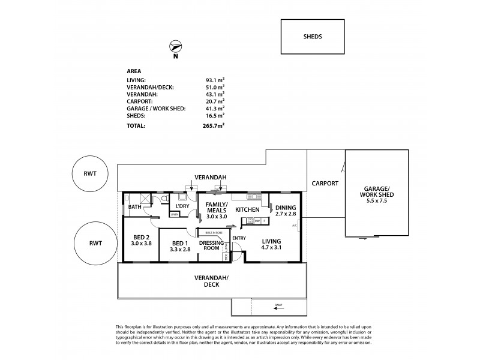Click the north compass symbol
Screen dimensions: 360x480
point(175,47)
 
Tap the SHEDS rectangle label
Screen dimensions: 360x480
point(313,37)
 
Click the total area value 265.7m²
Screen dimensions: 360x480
point(214,126)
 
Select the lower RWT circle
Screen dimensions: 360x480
point(94,243)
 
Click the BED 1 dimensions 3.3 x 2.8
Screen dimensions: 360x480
point(180,249)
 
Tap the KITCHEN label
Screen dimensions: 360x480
point(247,209)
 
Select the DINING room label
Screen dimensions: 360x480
point(285,207)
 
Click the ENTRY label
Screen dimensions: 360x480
point(239,238)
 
